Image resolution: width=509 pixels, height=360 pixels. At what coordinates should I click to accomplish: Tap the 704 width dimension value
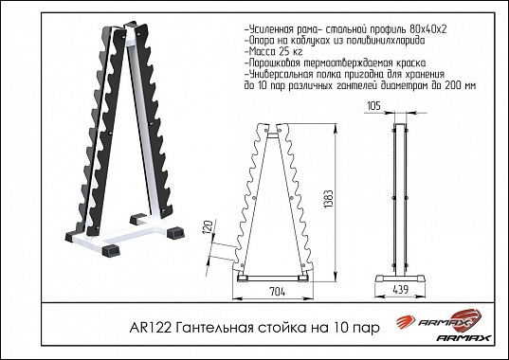277,292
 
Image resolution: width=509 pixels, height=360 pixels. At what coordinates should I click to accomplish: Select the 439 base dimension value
401,290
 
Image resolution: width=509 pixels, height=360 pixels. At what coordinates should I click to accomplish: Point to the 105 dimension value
373,106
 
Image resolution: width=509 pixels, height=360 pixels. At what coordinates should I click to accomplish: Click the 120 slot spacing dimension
209,225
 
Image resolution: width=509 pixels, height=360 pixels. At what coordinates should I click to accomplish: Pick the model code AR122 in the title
151,328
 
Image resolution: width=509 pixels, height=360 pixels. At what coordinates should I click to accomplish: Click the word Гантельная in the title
214,328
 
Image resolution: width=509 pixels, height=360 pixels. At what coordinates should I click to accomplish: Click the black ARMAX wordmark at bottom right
464,338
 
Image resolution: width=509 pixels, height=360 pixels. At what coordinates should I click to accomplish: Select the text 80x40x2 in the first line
427,29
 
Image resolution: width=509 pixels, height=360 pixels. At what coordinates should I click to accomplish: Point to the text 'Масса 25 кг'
274,51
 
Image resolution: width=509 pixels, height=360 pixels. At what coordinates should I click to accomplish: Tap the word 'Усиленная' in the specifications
269,29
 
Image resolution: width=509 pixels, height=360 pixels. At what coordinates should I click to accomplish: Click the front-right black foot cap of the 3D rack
176,232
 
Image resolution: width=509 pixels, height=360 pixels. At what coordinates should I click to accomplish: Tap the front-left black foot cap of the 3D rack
111,250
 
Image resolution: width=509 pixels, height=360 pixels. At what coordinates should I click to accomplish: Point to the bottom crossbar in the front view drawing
272,279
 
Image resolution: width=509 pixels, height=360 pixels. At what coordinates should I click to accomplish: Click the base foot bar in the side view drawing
400,279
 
